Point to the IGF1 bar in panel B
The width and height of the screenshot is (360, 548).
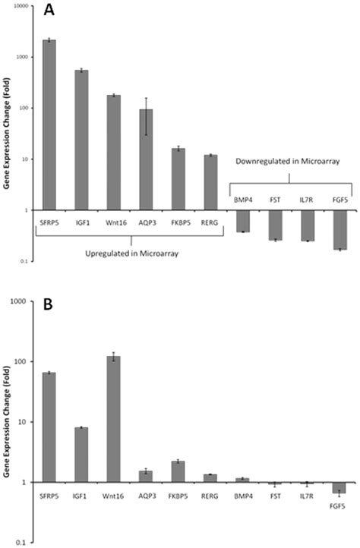coord(81,455)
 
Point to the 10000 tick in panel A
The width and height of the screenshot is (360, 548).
coord(18,6)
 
